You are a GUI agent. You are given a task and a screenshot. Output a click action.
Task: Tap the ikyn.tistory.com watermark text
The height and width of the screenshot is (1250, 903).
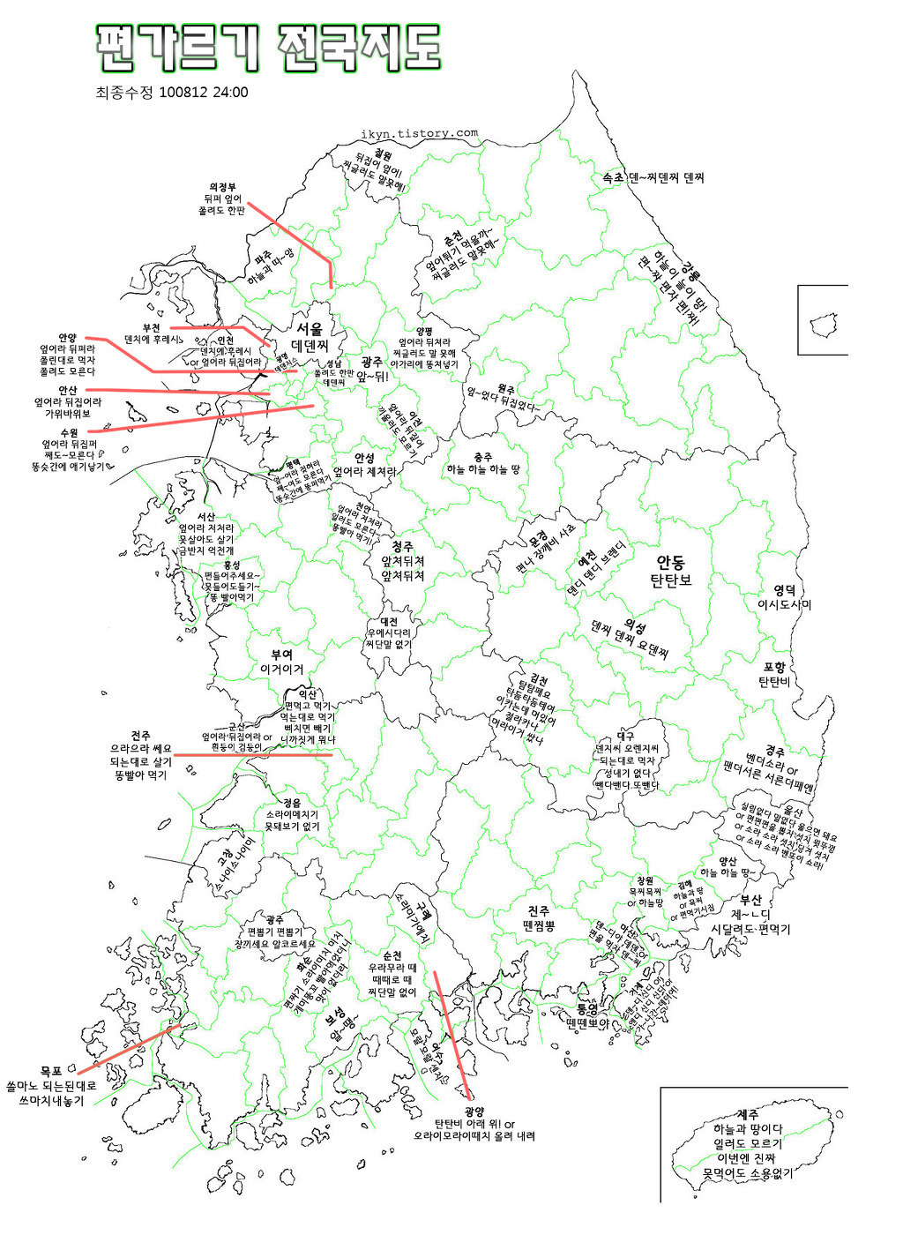(x=419, y=134)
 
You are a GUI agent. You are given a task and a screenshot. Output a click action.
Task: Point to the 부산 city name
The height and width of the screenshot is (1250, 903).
(x=750, y=900)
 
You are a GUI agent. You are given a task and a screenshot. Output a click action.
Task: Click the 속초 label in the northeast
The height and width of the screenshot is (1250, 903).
(x=612, y=177)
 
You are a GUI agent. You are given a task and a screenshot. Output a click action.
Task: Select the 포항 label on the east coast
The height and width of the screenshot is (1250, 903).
(x=774, y=667)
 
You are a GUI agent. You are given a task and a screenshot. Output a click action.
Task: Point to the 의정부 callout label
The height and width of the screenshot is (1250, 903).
(x=221, y=186)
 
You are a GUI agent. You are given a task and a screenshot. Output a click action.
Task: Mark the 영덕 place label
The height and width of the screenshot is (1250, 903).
(x=784, y=589)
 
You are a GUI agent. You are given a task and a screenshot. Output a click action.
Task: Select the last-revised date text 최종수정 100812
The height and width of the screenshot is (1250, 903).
(x=171, y=92)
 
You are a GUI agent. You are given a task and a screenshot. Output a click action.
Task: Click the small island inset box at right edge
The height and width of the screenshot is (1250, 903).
(x=824, y=319)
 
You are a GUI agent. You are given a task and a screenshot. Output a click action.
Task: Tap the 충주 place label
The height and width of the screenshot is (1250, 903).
(x=482, y=456)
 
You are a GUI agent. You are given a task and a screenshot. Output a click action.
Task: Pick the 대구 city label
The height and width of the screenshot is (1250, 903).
(x=625, y=735)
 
